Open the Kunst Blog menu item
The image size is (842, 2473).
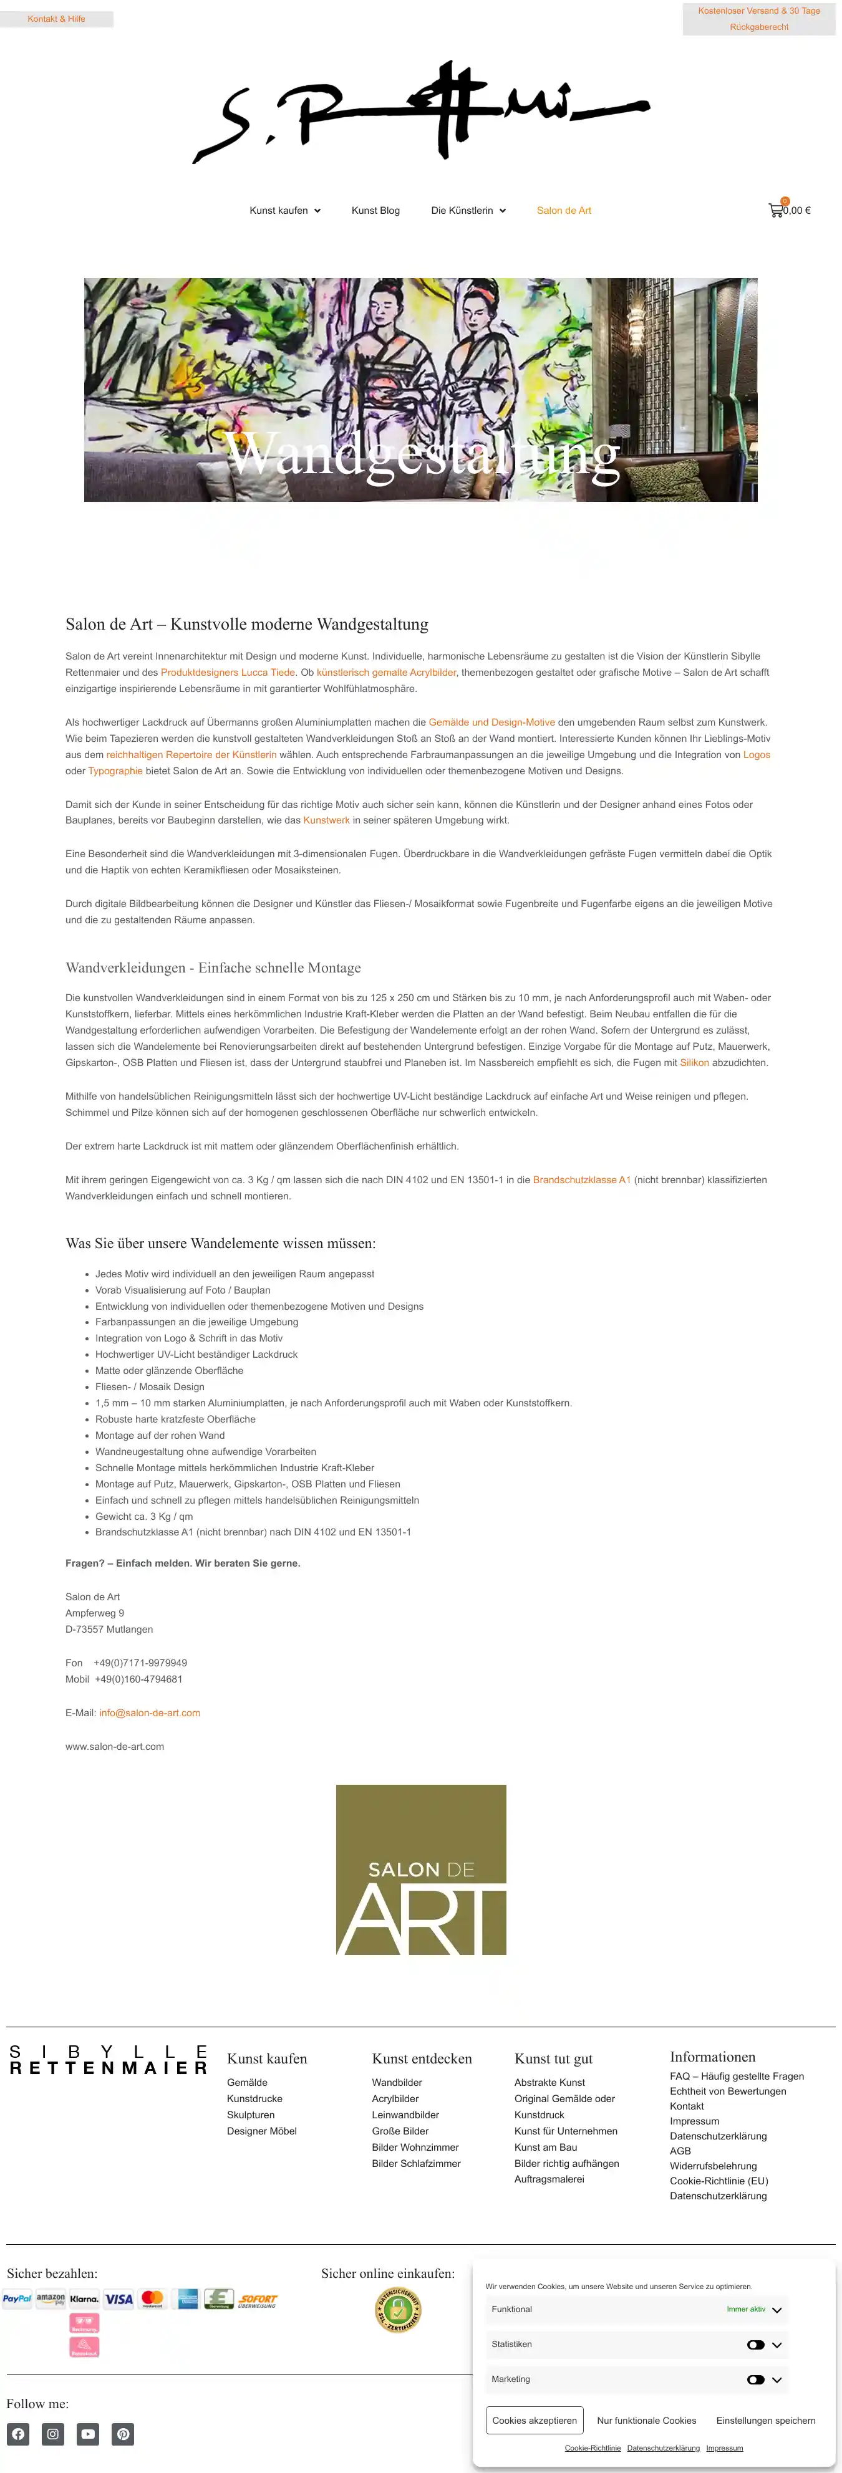point(375,210)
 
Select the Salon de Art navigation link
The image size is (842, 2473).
point(564,210)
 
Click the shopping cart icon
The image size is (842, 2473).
point(776,210)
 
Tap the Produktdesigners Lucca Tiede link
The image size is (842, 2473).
point(228,672)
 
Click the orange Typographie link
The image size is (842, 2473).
point(115,771)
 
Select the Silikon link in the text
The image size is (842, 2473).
point(694,1063)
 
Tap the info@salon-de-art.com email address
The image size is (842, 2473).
point(150,1712)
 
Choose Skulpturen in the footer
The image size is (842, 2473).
point(251,2115)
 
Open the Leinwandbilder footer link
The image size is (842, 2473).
point(405,2115)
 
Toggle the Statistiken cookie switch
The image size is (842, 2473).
point(755,2345)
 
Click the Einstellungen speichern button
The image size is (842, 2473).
point(765,2420)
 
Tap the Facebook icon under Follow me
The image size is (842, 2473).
point(18,2434)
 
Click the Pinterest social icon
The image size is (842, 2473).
point(123,2434)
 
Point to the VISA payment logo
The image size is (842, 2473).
point(119,2299)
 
